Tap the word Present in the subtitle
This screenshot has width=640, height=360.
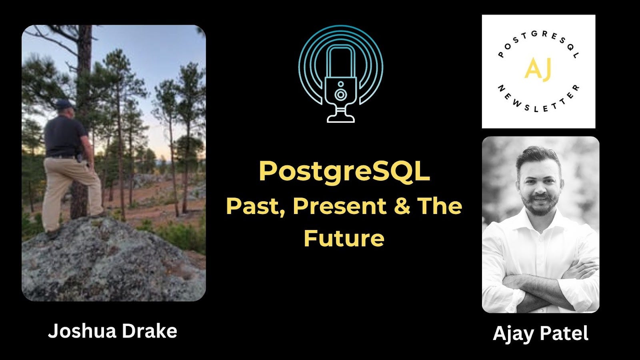tap(340, 206)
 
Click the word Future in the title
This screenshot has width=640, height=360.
tap(344, 238)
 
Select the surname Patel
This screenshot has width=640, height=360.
tap(565, 333)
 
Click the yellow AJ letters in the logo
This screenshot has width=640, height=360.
tap(538, 68)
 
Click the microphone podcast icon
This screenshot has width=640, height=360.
tap(341, 74)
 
